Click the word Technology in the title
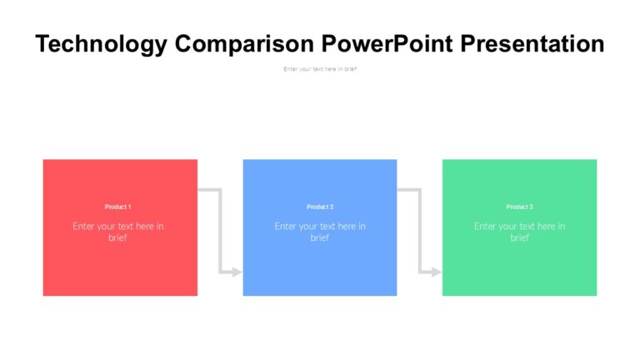coord(101,43)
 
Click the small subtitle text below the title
coord(320,69)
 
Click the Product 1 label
coord(118,207)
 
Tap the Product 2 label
coord(320,207)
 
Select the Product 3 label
coord(519,207)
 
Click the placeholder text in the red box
coord(118,232)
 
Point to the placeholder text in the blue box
coord(320,232)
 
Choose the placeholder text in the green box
coord(519,232)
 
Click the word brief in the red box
coord(118,238)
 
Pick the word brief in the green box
coord(519,238)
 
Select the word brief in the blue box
coord(320,238)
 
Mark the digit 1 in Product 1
coord(129,207)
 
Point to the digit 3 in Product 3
coord(531,207)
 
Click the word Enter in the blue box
coord(285,226)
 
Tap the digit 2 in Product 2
coord(332,207)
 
